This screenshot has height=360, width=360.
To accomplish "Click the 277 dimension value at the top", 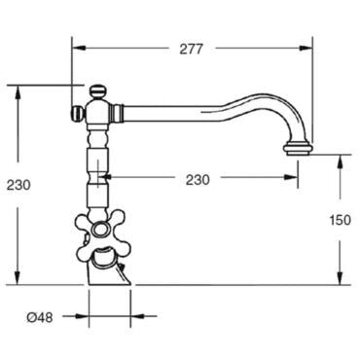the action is tap(192, 49).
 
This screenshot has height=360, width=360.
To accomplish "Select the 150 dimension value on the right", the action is tap(341, 220).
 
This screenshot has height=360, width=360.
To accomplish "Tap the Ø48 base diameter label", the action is tap(40, 317).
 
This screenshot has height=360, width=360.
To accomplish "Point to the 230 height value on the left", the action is tap(18, 185).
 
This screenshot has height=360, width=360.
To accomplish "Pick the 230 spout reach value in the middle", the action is tap(198, 180).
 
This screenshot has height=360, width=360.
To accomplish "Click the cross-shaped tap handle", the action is tap(100, 232).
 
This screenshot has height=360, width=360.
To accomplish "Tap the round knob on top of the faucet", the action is tap(98, 91).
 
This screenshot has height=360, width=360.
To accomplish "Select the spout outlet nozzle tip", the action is tap(299, 150).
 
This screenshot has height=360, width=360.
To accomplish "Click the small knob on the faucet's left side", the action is tap(78, 114).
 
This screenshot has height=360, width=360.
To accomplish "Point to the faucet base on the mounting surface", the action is tap(109, 274).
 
